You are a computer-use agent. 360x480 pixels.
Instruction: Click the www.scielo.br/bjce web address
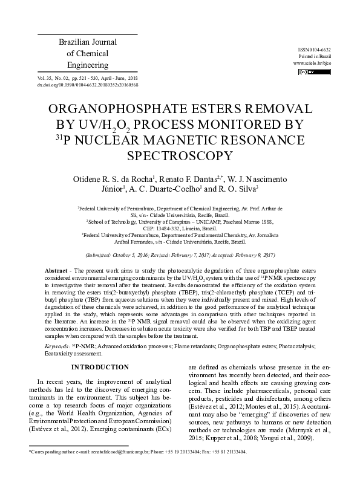pyautogui.click(x=312, y=63)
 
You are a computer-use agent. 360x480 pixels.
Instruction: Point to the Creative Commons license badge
pyautogui.click(x=306, y=73)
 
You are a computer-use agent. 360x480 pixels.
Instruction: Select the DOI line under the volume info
pyautogui.click(x=87, y=85)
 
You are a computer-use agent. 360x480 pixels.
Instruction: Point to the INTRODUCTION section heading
pyautogui.click(x=100, y=367)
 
